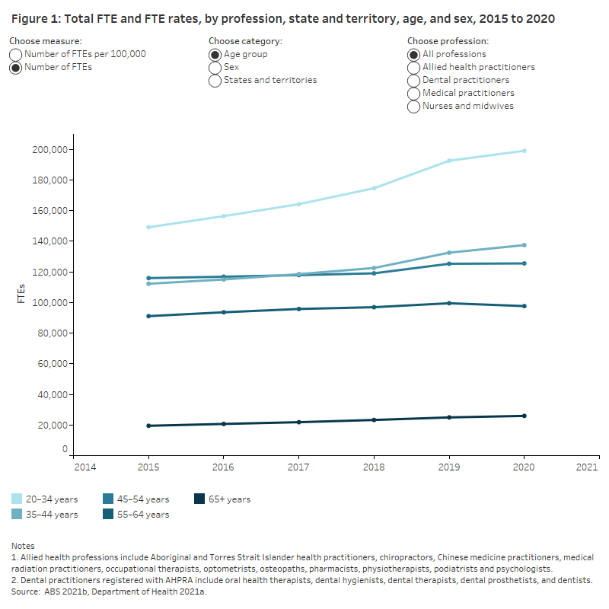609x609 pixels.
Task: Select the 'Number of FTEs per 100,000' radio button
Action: coord(16,55)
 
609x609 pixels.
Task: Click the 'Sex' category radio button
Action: coord(215,68)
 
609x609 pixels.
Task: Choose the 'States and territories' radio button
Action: coord(215,81)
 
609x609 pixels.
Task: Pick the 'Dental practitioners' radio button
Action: coord(414,81)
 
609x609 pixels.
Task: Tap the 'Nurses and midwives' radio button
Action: coord(414,107)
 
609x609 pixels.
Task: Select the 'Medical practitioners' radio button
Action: coord(414,94)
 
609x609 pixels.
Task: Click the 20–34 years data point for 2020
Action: coord(524,151)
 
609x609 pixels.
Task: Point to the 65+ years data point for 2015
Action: coord(148,426)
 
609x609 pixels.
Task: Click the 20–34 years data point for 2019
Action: coord(449,161)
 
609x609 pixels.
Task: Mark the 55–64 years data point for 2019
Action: coord(449,303)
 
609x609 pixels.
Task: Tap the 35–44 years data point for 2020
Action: coord(524,245)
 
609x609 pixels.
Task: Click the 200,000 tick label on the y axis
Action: coord(49,150)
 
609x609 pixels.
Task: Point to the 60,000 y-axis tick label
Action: coord(52,364)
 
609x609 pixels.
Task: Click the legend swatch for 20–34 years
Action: coord(17,499)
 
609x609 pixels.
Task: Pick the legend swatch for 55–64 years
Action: coord(107,515)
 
